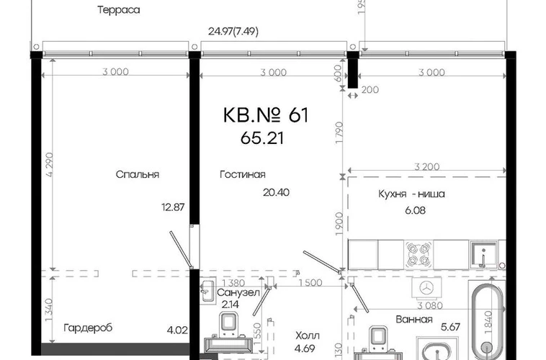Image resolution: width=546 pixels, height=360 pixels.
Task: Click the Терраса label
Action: click(119, 10)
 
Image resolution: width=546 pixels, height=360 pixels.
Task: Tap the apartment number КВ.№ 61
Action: click(266, 115)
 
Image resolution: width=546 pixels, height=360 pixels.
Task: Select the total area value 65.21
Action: click(262, 138)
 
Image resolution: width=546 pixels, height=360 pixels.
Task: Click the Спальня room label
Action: click(137, 174)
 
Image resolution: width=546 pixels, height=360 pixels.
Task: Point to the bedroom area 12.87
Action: click(173, 207)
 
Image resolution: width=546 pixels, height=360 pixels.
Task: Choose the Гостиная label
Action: click(242, 174)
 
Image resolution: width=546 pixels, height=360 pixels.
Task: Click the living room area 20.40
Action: click(276, 192)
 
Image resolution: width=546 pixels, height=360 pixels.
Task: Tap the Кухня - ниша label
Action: click(411, 194)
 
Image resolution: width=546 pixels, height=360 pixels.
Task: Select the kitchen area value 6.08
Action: click(415, 210)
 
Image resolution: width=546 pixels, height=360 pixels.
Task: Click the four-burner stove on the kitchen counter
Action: click(419, 254)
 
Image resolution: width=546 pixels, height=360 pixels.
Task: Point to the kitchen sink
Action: click(483, 255)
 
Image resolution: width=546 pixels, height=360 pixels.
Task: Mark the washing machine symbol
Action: click(426, 287)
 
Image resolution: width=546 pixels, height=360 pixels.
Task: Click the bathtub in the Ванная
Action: click(487, 322)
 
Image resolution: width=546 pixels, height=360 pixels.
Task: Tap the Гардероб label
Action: click(88, 328)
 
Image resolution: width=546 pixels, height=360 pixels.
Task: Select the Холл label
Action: click(308, 336)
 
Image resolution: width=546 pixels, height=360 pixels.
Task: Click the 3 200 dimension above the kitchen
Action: click(427, 166)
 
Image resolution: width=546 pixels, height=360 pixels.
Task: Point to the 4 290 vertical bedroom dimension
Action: click(50, 165)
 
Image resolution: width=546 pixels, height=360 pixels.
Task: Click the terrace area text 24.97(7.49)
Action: click(233, 32)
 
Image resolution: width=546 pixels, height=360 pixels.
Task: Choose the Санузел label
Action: click(238, 292)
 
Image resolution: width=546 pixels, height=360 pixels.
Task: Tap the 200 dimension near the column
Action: click(370, 90)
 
